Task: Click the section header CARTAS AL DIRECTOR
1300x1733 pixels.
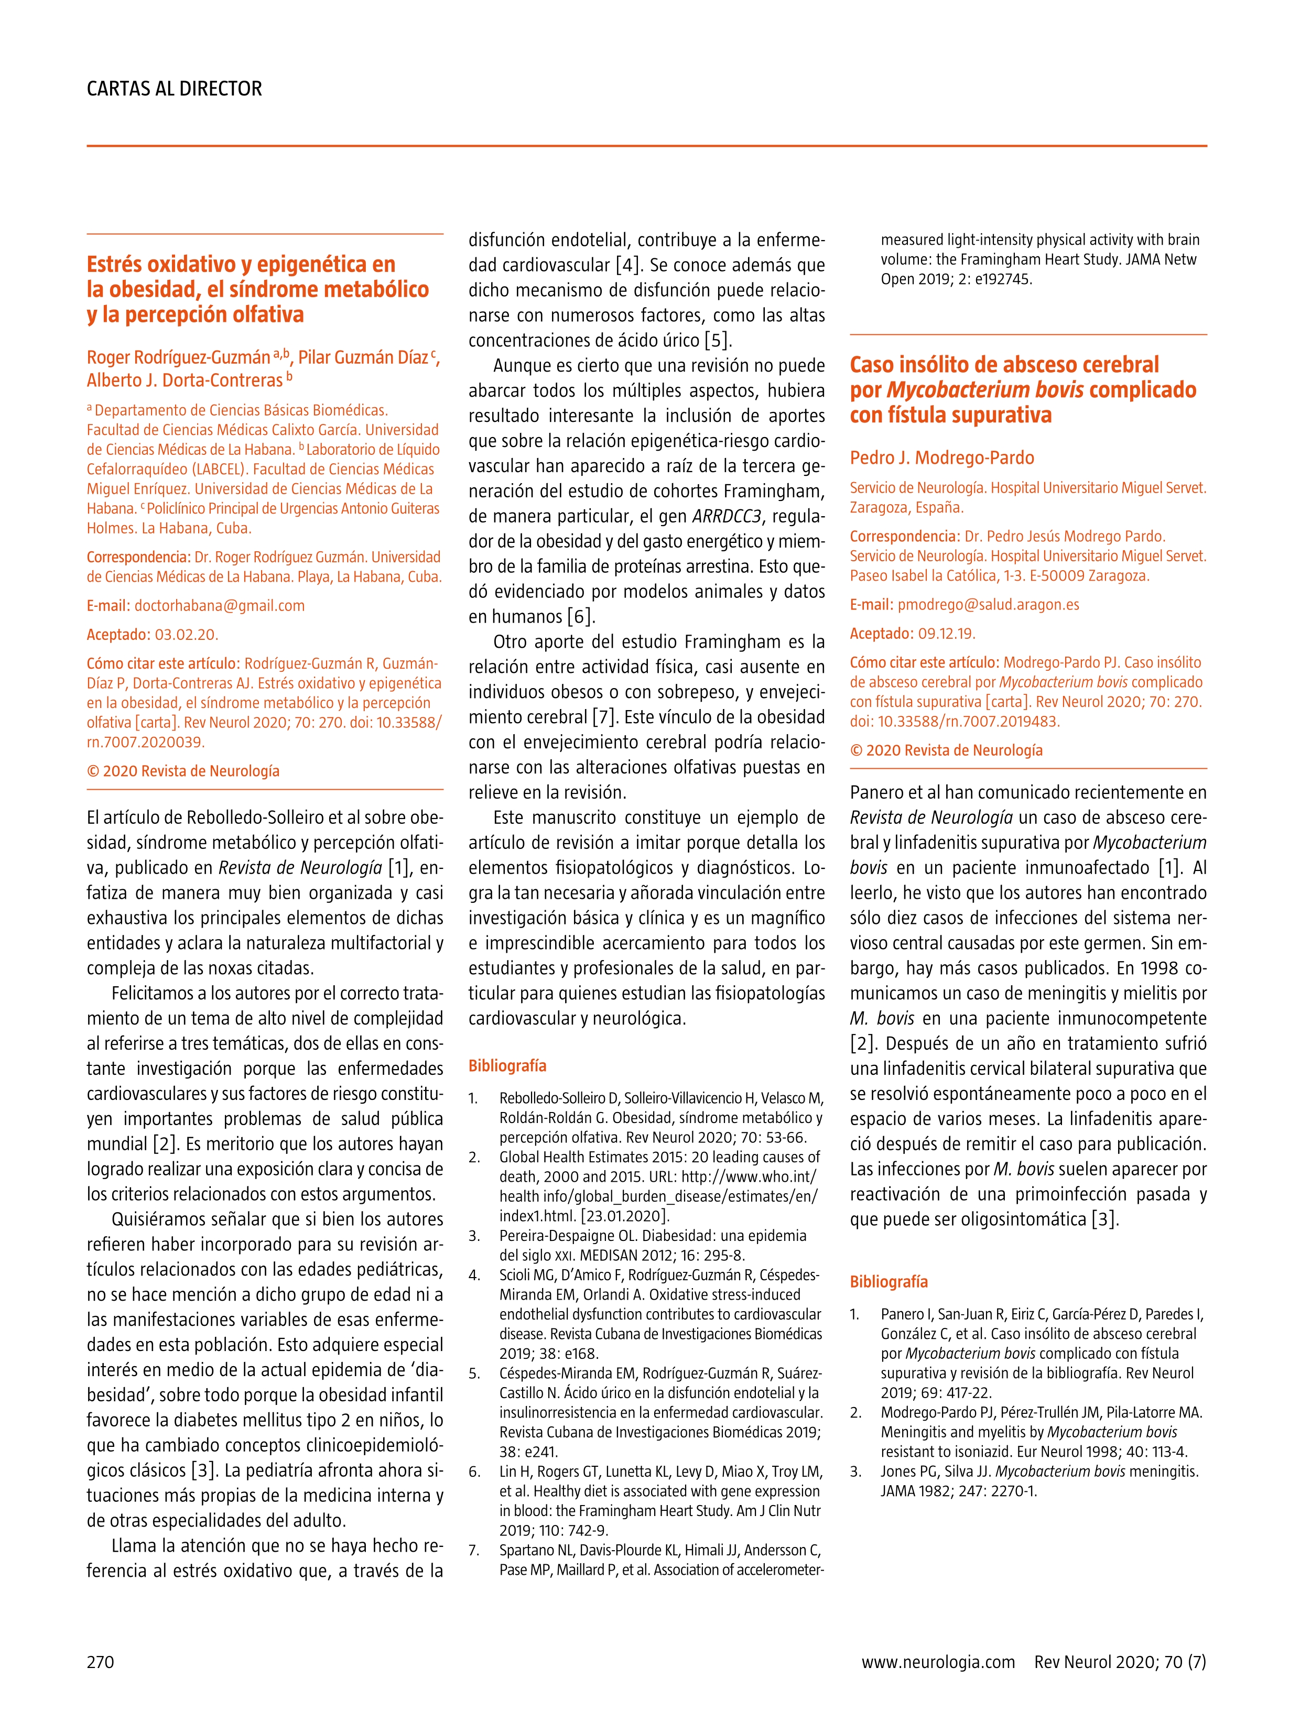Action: coord(174,89)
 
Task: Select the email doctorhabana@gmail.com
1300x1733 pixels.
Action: coord(220,606)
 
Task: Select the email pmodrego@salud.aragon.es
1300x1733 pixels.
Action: coord(988,605)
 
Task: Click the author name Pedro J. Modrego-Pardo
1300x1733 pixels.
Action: coord(942,457)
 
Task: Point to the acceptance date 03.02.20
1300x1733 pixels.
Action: coord(187,635)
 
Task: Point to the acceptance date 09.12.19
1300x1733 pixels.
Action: coord(947,633)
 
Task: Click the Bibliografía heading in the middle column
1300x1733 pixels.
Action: coord(507,1065)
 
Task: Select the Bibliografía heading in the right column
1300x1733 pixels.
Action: coord(889,1282)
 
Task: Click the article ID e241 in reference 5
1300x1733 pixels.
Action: coord(518,1452)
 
